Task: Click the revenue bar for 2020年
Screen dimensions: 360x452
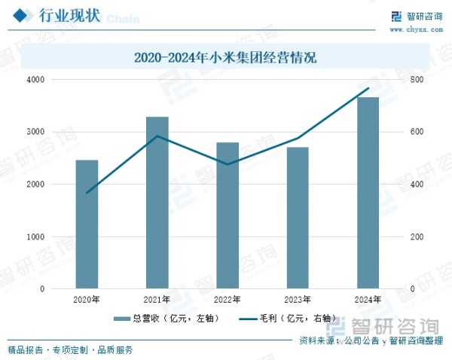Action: point(87,224)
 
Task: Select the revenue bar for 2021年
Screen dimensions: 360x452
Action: point(157,203)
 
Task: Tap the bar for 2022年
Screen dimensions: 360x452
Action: point(228,215)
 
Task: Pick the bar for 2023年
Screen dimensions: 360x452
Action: point(298,218)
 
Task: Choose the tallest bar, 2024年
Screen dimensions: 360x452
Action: point(368,193)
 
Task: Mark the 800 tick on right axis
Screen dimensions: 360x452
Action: point(417,79)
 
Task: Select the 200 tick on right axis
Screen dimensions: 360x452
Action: point(417,236)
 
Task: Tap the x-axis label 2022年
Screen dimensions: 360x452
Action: point(228,300)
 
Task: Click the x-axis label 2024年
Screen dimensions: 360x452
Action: point(368,300)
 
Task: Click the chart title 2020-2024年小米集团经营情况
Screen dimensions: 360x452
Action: point(225,56)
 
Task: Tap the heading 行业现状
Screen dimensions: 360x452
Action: point(67,16)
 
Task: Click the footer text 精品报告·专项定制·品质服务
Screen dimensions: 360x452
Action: point(70,350)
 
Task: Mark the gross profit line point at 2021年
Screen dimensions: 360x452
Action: point(157,136)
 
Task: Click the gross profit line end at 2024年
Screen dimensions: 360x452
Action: point(368,88)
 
